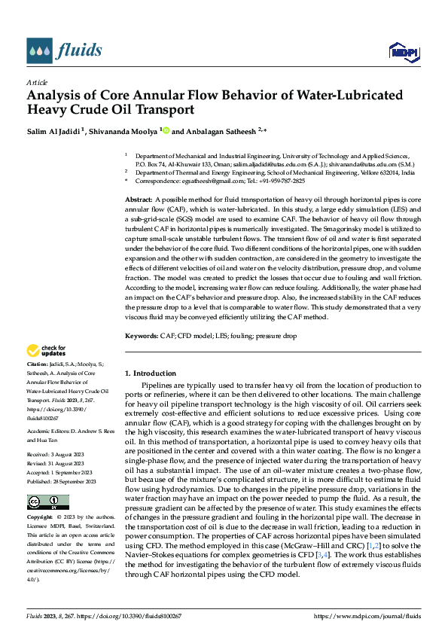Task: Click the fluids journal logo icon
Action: tap(39, 50)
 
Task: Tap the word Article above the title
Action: tap(37, 82)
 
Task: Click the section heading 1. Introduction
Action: tap(151, 373)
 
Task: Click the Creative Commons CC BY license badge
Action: tap(47, 502)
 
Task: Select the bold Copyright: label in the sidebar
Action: tap(41, 518)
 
